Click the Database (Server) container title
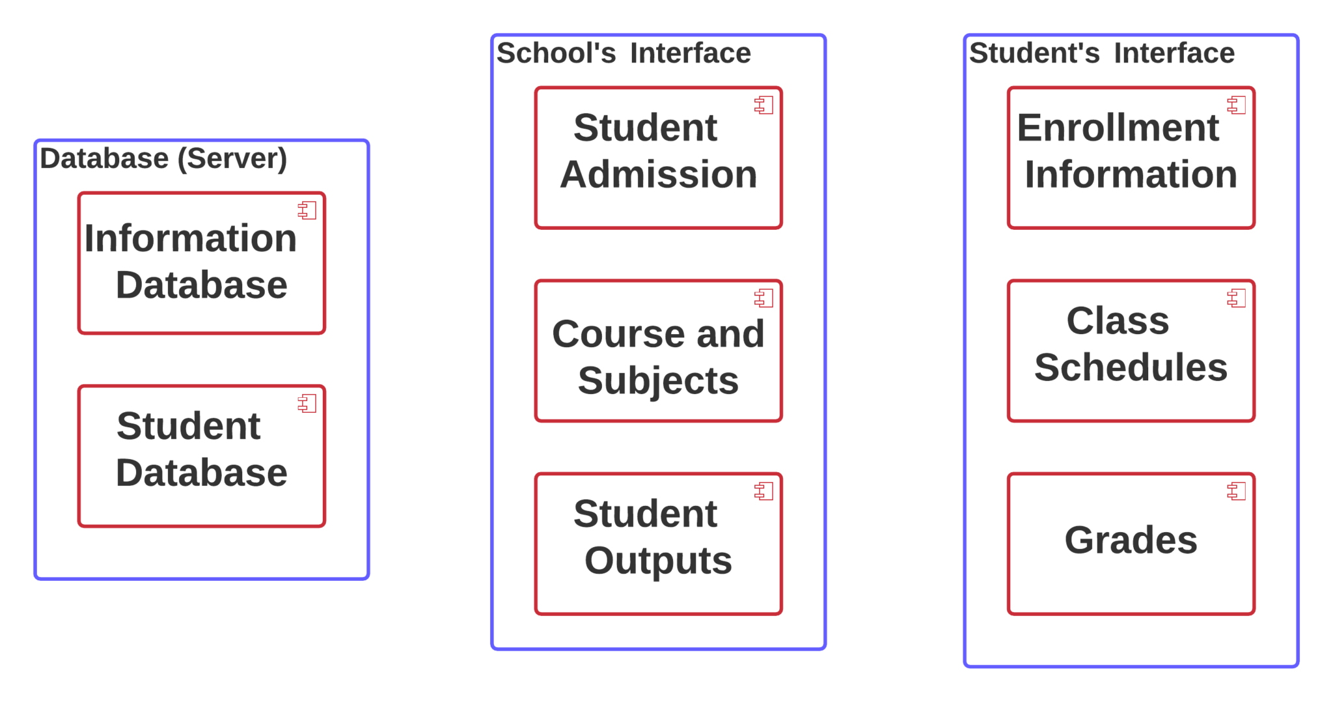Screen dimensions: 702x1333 pyautogui.click(x=163, y=159)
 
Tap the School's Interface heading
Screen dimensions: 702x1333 pyautogui.click(x=623, y=53)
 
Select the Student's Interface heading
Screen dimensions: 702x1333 pyautogui.click(x=1101, y=53)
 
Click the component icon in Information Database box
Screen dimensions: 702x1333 pyautogui.click(x=307, y=210)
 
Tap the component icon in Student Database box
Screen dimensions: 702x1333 pyautogui.click(x=307, y=404)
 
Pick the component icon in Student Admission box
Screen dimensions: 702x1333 pyautogui.click(x=764, y=105)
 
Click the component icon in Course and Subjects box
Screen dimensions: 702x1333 pyautogui.click(x=764, y=298)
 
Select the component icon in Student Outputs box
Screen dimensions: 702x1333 pyautogui.click(x=764, y=491)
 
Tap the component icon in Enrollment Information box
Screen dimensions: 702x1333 pyautogui.click(x=1237, y=105)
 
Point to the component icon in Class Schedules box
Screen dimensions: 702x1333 pyautogui.click(x=1237, y=298)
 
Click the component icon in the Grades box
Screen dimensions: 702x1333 pyautogui.click(x=1237, y=491)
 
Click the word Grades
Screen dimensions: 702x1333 pyautogui.click(x=1131, y=540)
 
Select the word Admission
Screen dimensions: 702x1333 pyautogui.click(x=658, y=175)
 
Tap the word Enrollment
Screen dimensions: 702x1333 pyautogui.click(x=1118, y=128)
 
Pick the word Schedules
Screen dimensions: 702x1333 pyautogui.click(x=1131, y=367)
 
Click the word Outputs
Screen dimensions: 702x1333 pyautogui.click(x=658, y=561)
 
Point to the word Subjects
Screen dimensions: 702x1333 pyautogui.click(x=658, y=380)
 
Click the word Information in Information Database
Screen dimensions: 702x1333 pyautogui.click(x=190, y=238)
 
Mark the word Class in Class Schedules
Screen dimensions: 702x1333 pyautogui.click(x=1118, y=321)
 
